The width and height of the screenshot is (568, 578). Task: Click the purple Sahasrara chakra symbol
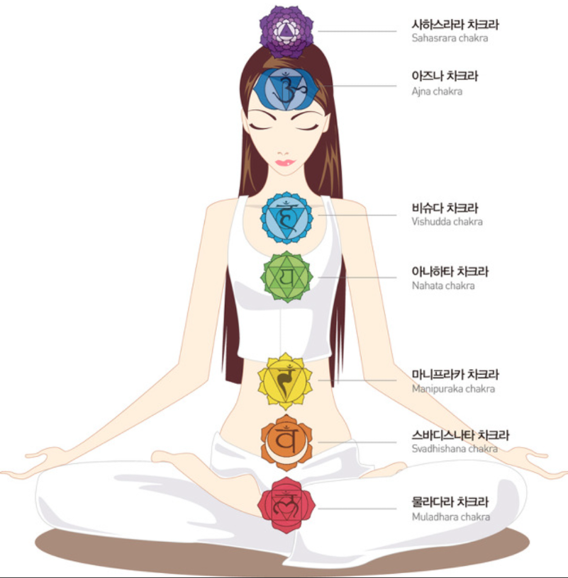286,32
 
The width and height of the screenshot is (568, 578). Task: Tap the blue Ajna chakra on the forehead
286,89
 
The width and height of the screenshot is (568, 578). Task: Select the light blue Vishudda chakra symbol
286,217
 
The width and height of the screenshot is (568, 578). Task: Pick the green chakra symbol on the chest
286,277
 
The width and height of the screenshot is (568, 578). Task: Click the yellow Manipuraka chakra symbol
285,381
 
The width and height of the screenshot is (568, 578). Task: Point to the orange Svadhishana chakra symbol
286,442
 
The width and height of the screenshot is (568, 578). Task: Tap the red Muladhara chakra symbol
286,505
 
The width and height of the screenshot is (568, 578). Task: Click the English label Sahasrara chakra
450,38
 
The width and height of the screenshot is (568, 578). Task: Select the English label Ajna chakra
437,91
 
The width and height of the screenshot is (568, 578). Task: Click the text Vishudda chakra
447,222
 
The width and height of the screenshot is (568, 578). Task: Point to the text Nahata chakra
443,285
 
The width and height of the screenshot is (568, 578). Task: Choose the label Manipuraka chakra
453,389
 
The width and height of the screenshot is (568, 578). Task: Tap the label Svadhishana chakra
455,448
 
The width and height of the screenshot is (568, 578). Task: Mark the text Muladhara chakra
451,517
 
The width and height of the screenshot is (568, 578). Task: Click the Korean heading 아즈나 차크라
445,76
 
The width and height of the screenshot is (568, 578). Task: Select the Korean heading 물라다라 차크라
450,501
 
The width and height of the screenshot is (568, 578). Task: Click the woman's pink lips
285,163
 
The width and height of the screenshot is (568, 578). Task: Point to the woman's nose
283,152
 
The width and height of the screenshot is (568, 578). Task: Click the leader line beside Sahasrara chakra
357,31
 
